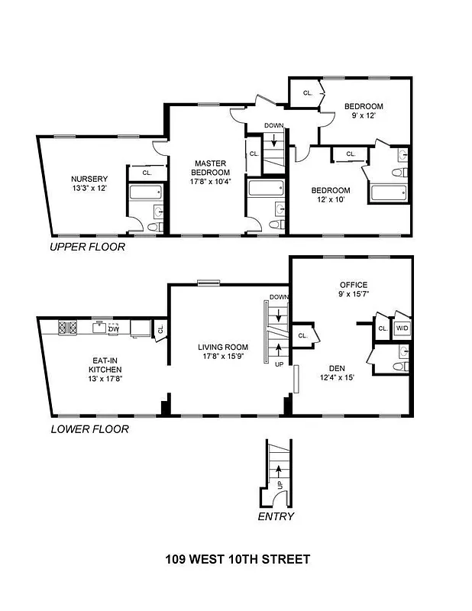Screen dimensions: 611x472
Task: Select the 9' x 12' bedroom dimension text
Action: [363, 116]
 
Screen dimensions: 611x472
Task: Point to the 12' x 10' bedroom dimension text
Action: [330, 200]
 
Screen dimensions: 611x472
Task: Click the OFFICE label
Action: [353, 285]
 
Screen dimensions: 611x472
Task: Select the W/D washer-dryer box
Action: [402, 328]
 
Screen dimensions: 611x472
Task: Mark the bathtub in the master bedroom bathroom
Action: [265, 188]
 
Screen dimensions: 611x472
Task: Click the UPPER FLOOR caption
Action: [86, 247]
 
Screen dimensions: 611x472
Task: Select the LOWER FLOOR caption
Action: [89, 429]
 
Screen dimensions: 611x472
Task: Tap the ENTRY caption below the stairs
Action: [275, 516]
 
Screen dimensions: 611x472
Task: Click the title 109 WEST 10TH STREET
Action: [238, 560]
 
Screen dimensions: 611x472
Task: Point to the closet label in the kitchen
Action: [160, 329]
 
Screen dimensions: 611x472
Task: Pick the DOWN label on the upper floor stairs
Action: [273, 125]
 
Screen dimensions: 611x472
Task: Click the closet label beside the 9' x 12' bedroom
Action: [308, 93]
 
